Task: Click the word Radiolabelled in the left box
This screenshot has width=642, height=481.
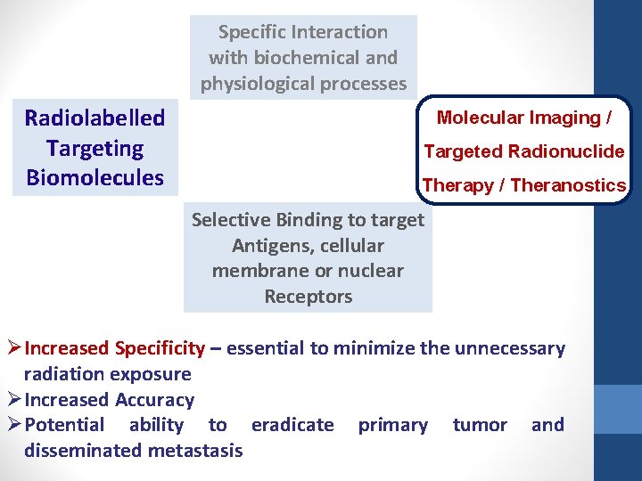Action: (x=95, y=118)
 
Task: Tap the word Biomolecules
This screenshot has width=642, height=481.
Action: (x=95, y=177)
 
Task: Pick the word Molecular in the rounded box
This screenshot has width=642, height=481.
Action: (x=480, y=118)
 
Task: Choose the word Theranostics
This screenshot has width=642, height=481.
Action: (x=570, y=185)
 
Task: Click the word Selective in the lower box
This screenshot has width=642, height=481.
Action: (x=230, y=220)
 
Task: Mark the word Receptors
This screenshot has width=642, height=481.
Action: (x=308, y=297)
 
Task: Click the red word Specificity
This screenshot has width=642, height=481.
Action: (x=157, y=348)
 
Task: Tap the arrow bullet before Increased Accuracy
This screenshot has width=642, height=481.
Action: (x=13, y=400)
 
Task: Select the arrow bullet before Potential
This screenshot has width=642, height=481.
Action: (x=13, y=425)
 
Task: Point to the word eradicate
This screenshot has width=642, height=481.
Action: (x=292, y=425)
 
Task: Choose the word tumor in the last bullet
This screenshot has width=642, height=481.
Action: (x=480, y=425)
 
